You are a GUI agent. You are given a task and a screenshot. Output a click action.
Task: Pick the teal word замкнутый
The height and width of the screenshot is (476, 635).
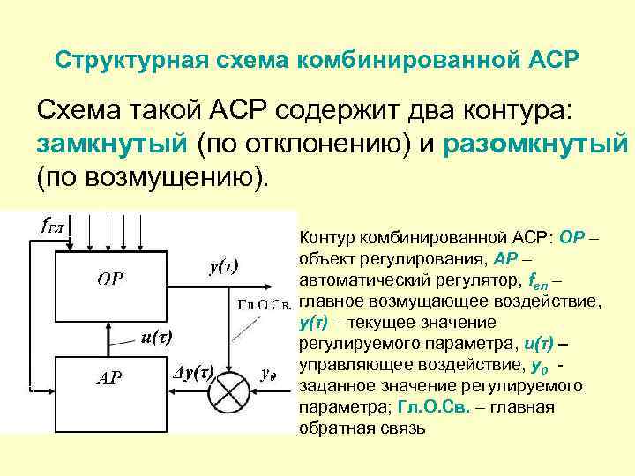(112, 144)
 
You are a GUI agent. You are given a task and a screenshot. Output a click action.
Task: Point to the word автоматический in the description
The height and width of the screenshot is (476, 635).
(355, 282)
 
